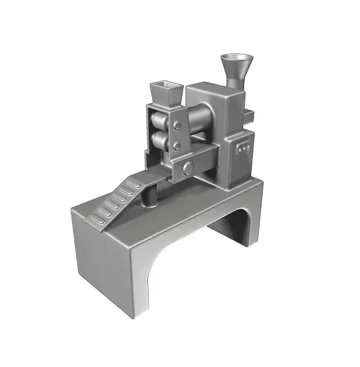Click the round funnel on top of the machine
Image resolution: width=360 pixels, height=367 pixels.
coord(236,64)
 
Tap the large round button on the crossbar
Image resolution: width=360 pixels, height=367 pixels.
coord(188,167)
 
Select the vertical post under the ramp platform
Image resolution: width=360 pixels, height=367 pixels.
coord(150,196)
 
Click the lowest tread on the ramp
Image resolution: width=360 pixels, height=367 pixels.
coord(99,217)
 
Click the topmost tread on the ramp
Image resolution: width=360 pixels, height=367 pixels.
coord(133,183)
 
